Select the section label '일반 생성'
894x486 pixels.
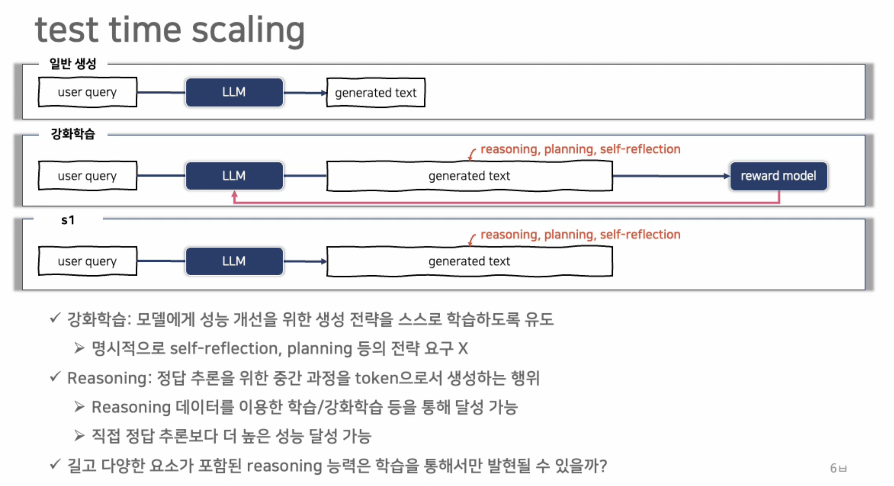[73, 64]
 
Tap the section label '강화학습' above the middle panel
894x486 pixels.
[73, 134]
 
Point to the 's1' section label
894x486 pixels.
[68, 220]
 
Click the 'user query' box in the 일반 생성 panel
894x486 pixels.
[87, 92]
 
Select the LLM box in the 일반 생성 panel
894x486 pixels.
[234, 92]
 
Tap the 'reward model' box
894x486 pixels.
[778, 176]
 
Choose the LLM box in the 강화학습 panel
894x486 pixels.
[234, 176]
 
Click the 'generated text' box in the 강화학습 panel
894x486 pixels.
[469, 176]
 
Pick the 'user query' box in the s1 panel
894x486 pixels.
[87, 261]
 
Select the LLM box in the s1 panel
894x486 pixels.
[234, 261]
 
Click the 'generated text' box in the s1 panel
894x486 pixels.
[469, 261]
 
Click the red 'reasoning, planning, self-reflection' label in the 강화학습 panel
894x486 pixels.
[580, 149]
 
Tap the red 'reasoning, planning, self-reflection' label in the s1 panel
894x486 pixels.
[580, 235]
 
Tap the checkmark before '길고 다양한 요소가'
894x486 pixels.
[55, 464]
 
